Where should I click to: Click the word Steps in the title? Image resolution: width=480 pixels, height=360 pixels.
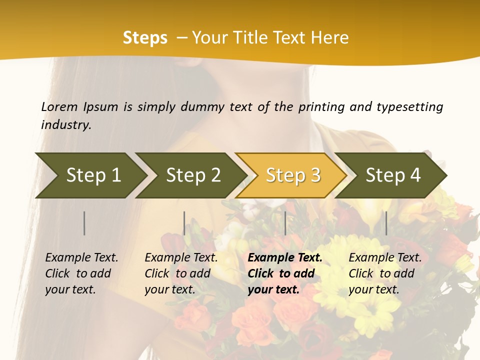click(x=145, y=37)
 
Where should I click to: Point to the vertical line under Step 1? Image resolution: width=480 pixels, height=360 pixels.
click(x=84, y=223)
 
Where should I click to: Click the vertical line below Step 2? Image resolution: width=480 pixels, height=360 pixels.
click(x=184, y=223)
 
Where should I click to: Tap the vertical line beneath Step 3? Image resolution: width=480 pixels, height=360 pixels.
click(x=285, y=223)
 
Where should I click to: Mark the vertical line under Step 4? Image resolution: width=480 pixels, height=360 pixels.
click(x=386, y=223)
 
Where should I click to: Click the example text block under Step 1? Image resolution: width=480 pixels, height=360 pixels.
click(x=81, y=273)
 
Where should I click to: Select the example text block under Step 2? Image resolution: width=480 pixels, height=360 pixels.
click(x=181, y=273)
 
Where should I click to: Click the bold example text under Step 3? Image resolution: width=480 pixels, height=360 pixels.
click(x=285, y=273)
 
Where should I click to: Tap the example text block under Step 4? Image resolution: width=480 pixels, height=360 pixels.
click(x=385, y=273)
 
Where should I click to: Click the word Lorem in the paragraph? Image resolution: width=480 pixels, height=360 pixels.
click(x=59, y=106)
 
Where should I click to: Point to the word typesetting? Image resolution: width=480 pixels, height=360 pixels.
click(x=409, y=106)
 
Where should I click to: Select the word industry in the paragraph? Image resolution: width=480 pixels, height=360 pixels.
click(x=65, y=124)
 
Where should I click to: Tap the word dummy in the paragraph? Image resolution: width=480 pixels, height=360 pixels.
click(x=202, y=106)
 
